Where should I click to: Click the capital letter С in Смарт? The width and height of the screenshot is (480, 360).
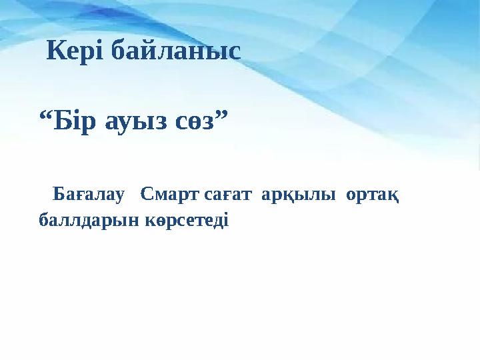pos(147,196)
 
